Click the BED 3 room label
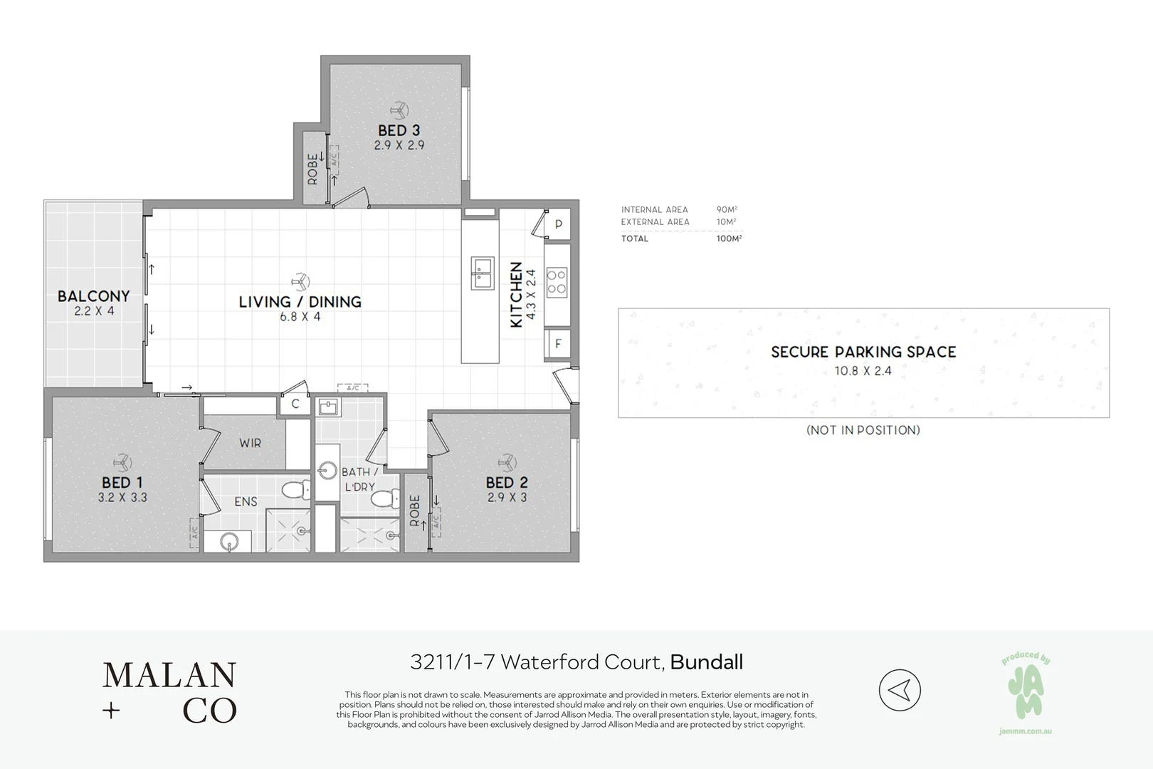[x=399, y=130]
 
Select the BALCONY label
[x=93, y=295]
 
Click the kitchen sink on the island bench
[x=482, y=273]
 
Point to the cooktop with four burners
[x=557, y=281]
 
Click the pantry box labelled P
[x=558, y=224]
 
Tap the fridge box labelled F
[x=558, y=343]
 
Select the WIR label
[x=250, y=443]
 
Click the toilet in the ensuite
[x=295, y=490]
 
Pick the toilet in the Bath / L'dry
[x=385, y=498]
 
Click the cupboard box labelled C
[x=295, y=404]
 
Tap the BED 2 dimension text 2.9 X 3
[x=507, y=498]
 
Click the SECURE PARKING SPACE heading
[x=863, y=352]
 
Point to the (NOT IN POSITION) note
[x=863, y=430]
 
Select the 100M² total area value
[x=729, y=239]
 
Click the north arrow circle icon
[x=900, y=689]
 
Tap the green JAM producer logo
[x=1026, y=691]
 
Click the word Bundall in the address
[x=706, y=662]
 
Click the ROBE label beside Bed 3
[x=312, y=169]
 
